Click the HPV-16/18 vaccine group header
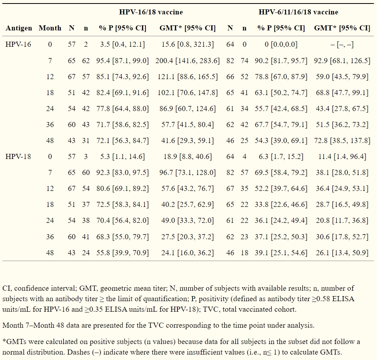[x=151, y=12]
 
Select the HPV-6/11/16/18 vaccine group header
[x=298, y=12]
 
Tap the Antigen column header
[x=18, y=28]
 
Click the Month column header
[x=50, y=28]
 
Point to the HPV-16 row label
[x=18, y=44]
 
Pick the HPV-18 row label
[x=18, y=157]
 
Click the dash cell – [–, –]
[x=342, y=44]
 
